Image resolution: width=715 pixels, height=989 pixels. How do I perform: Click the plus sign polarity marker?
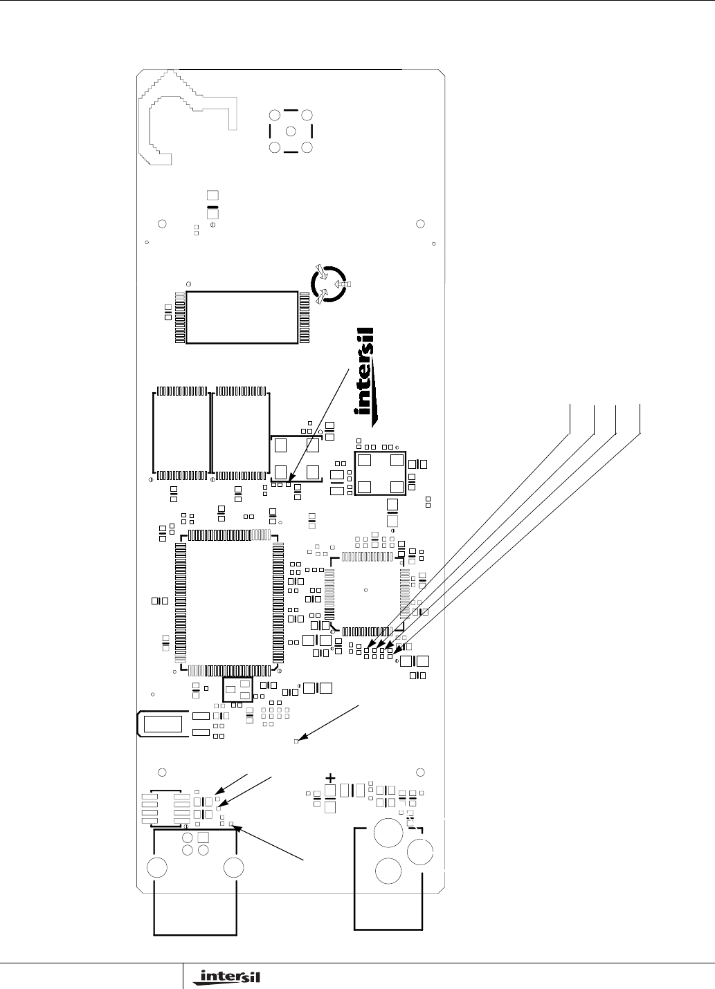click(x=330, y=777)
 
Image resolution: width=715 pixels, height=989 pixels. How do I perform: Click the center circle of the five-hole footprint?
click(x=291, y=131)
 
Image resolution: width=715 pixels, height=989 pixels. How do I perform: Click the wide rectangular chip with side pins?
click(x=242, y=317)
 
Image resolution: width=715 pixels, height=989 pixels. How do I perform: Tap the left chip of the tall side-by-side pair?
click(x=180, y=434)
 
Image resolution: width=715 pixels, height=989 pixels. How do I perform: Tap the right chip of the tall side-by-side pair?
click(x=240, y=434)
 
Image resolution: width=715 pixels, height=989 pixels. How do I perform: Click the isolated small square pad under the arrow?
click(x=296, y=741)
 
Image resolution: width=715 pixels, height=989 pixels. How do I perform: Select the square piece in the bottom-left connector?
click(x=203, y=838)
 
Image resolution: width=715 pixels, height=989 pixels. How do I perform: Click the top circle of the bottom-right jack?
click(x=388, y=832)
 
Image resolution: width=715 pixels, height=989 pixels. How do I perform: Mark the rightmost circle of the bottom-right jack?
click(x=420, y=850)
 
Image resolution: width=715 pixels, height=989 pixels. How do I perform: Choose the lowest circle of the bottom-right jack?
click(x=388, y=869)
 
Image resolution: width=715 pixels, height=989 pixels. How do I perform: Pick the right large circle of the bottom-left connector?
click(x=234, y=867)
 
